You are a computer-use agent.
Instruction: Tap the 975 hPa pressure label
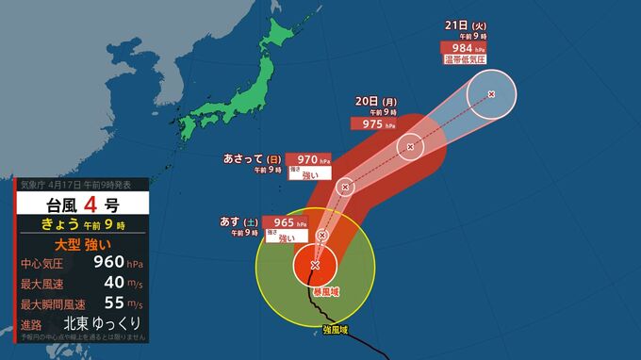(370, 123)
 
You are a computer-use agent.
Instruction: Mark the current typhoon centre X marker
(315, 266)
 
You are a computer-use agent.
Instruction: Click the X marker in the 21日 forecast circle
(491, 93)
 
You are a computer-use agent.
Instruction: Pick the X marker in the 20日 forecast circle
(410, 146)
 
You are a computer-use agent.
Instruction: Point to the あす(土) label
(238, 222)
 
